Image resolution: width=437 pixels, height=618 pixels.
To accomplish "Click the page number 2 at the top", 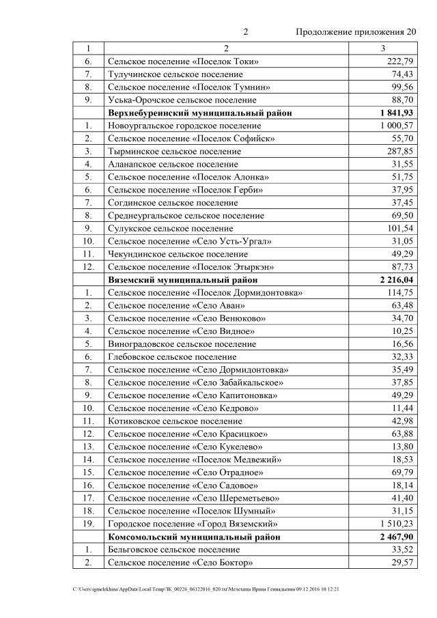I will (x=246, y=32).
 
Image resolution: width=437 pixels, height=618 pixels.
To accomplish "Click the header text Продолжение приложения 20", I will (x=355, y=32).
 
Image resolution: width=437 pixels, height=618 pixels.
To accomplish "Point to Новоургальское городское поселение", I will (x=184, y=126).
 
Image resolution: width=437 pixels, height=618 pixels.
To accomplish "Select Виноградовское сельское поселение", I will (x=182, y=344).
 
